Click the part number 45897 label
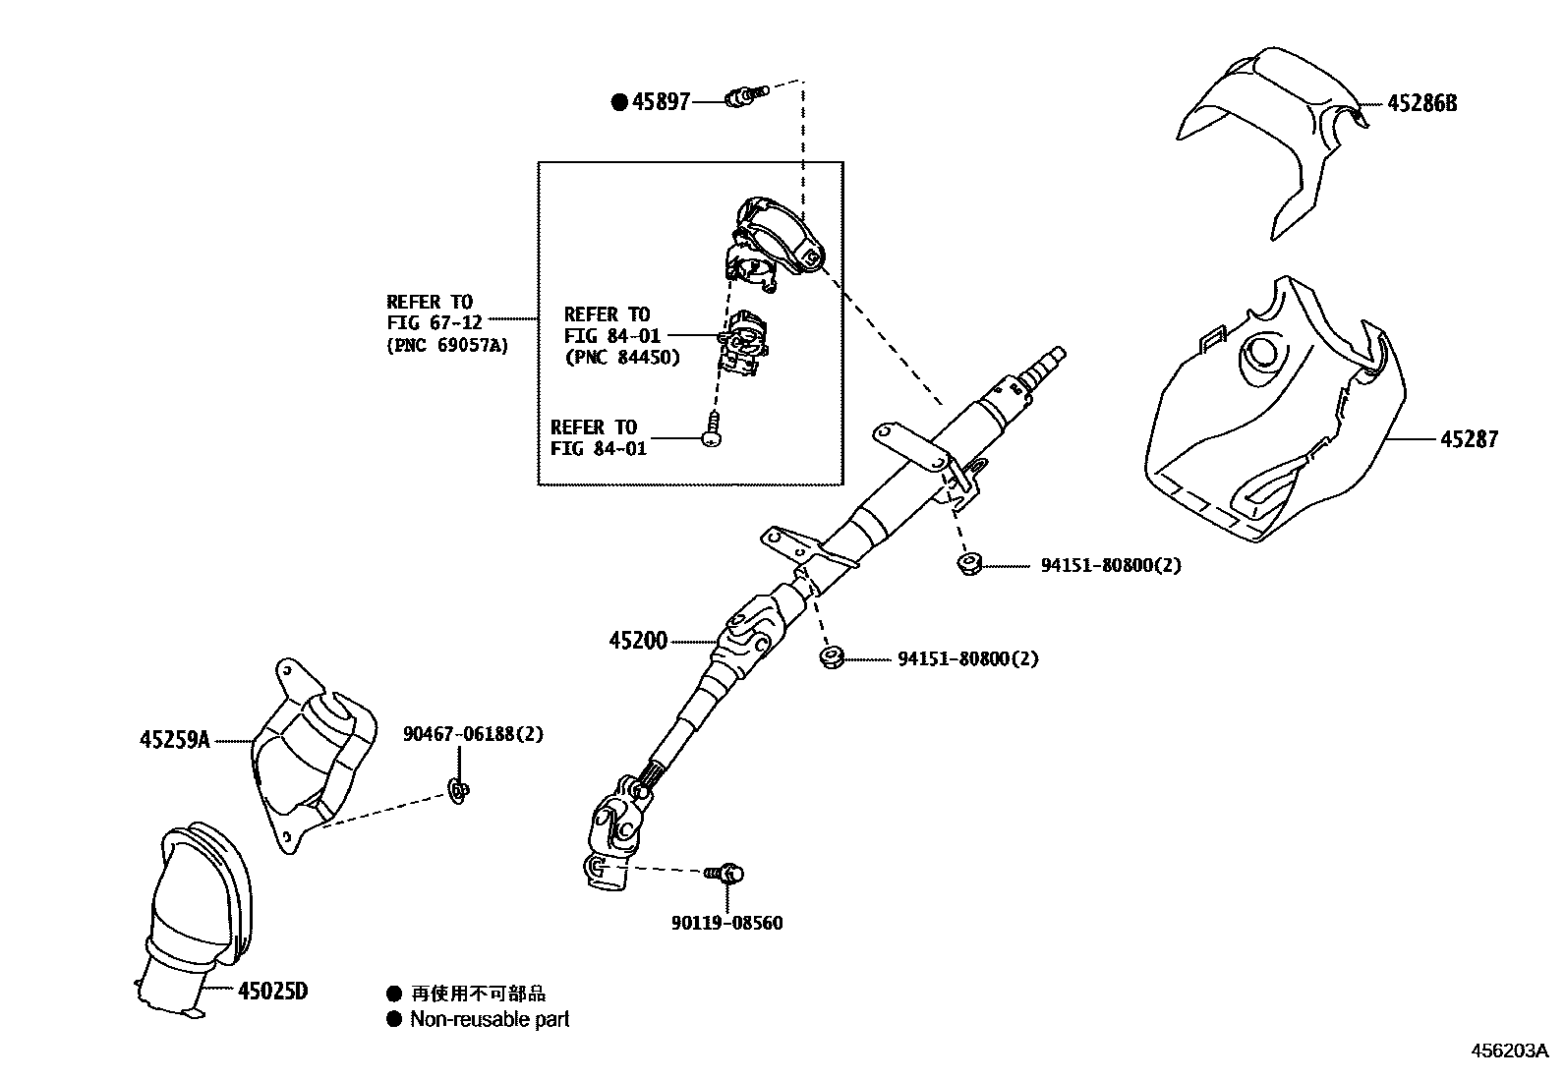662,101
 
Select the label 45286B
1421,102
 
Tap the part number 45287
1469,439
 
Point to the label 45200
637,641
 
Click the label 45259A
174,740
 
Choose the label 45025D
272,991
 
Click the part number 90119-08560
727,923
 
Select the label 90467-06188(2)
473,733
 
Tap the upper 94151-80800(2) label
1111,565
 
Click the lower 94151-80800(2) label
967,658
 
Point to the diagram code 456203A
1509,1050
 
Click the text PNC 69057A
447,345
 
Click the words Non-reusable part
490,1019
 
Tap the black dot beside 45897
618,101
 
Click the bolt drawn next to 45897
743,96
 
